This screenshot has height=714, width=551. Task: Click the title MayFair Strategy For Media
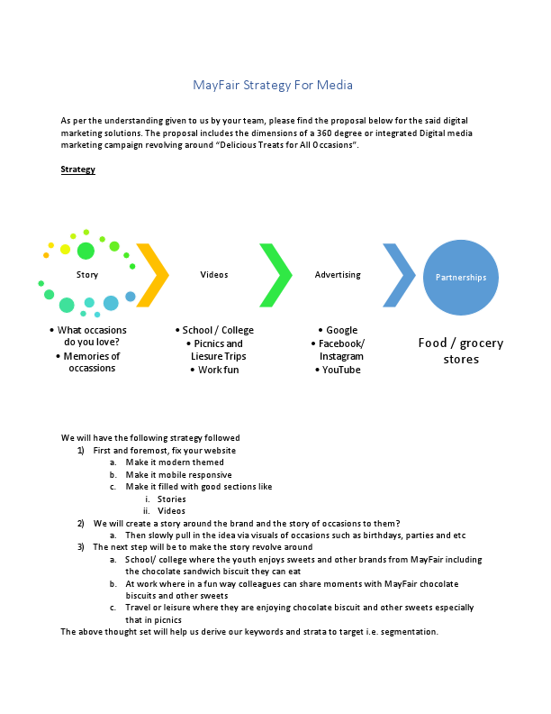coord(273,85)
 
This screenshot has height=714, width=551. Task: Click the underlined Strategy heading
coord(77,169)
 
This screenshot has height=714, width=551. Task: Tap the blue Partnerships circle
coord(461,278)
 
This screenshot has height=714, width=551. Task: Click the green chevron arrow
coord(275,275)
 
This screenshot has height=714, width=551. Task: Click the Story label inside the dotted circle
coord(87,275)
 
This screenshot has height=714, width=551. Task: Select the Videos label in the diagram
coord(213,275)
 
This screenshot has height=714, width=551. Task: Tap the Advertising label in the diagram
coord(338,275)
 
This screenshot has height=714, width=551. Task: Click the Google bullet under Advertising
coord(341,330)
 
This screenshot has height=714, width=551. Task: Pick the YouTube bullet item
coord(341,370)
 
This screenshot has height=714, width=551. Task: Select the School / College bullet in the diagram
coord(218,330)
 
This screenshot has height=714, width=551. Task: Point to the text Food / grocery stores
coord(461,351)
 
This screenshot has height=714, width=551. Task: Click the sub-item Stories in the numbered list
coord(171,499)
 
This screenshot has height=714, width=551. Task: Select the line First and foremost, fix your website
coord(165,450)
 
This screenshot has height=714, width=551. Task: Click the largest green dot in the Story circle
coord(86,251)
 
